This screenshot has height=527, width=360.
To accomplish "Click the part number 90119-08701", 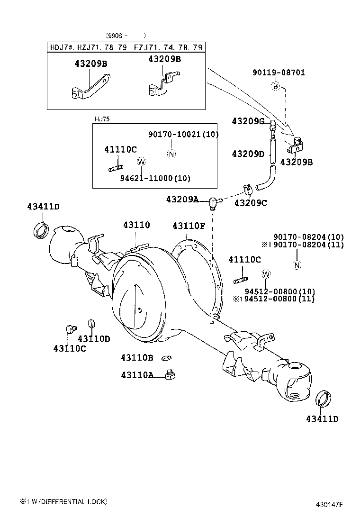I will coord(279,73).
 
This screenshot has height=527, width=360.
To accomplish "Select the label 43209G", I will coord(248,121).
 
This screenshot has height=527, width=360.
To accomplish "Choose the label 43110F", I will coord(189,226).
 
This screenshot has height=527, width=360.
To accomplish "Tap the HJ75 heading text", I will coord(102,119).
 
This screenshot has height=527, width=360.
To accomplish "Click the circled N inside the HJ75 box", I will coord(171,153).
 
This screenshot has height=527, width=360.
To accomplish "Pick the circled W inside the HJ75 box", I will coord(141,162).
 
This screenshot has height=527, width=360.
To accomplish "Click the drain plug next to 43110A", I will coord(170,375).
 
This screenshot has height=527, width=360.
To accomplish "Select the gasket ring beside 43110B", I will coord(166,357).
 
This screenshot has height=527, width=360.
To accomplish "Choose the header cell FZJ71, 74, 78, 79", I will coord(168,47).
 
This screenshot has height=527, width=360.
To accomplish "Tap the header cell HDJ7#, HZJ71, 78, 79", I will coord(89,47).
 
